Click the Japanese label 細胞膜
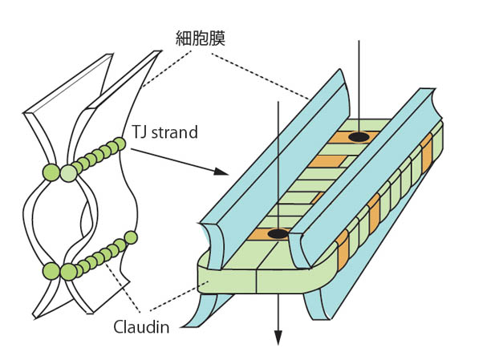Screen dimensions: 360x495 (x=201, y=38)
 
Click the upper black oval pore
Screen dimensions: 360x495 (x=359, y=137)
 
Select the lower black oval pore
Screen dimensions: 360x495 (x=278, y=234)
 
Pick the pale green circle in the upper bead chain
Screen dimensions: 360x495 (x=70, y=171)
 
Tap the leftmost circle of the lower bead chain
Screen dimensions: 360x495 (x=51, y=271)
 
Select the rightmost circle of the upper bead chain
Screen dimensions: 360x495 (x=120, y=144)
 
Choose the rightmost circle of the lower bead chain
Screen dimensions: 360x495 (x=129, y=237)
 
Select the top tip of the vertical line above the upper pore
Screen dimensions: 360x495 (x=359, y=40)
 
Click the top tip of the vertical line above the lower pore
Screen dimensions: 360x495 (x=278, y=102)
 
